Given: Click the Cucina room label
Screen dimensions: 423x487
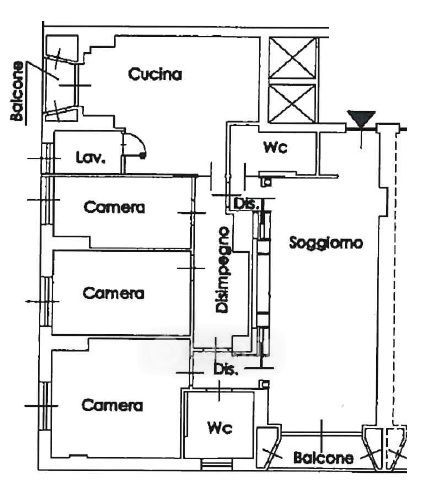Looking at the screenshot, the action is tap(155, 74).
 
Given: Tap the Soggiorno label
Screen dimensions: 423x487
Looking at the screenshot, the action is tap(326, 243).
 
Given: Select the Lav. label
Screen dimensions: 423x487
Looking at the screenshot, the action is tap(91, 157).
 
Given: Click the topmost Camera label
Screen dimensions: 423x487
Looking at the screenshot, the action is tap(114, 207).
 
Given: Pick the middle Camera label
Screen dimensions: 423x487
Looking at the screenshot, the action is tap(113, 293).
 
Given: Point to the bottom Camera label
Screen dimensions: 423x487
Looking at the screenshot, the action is tap(112, 405).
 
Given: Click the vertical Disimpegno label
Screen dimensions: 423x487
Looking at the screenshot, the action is tap(222, 270).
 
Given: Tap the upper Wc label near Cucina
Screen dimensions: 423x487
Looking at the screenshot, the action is tap(275, 147).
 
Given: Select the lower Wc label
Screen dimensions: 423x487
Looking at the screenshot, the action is tap(219, 428).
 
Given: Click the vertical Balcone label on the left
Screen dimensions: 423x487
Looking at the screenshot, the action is tap(17, 91).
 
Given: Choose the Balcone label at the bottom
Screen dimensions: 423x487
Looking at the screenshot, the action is tap(323, 458).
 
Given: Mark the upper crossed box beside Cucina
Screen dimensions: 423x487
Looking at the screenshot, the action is tap(292, 58).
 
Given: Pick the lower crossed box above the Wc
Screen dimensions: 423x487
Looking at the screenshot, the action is tap(292, 103).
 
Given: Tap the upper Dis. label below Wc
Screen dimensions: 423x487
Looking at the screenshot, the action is tap(246, 204).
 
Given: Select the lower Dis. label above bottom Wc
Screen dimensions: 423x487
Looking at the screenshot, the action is tap(226, 369).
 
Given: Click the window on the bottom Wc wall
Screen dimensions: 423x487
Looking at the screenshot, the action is tap(216, 464).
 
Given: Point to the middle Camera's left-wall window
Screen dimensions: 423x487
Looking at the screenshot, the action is tap(46, 301).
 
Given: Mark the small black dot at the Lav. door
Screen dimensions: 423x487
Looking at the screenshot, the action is tap(143, 155).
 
